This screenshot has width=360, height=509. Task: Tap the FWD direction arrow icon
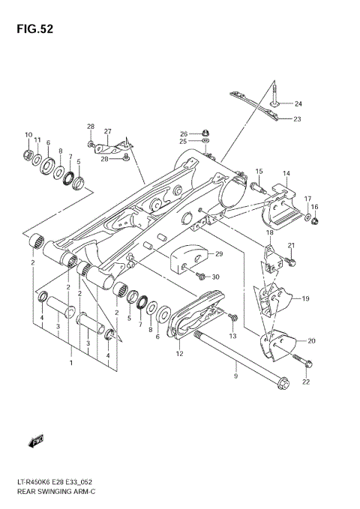[36, 442]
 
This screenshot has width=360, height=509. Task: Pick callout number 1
[71, 364]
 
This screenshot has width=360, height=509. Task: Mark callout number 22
[304, 384]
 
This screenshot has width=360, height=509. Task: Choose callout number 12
[180, 353]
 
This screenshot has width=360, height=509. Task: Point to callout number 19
[306, 298]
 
